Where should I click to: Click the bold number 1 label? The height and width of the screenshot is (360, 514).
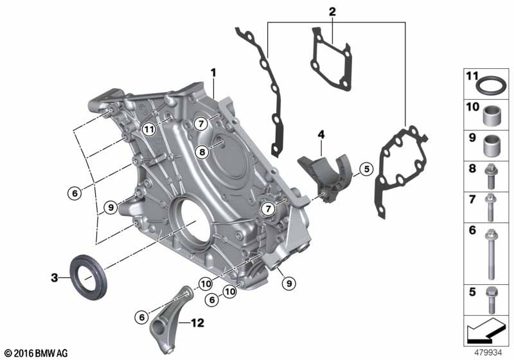click(213, 73)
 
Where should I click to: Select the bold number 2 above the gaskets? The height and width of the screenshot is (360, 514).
click(332, 12)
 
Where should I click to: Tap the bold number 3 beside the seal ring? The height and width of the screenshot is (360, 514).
click(55, 278)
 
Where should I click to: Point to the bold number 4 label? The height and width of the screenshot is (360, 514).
click(321, 134)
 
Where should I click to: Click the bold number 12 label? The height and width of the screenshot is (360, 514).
click(197, 323)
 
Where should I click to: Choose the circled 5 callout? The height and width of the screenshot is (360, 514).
click(366, 169)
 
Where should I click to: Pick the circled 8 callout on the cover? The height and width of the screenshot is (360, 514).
click(202, 152)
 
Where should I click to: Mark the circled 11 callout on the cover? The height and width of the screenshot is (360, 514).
click(149, 129)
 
